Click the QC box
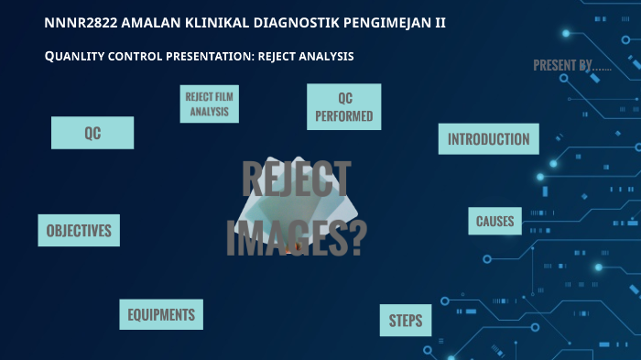click(92, 133)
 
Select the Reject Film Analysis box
click(210, 104)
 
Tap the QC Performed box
click(343, 107)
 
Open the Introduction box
click(488, 139)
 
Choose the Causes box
click(494, 221)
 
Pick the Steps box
click(406, 321)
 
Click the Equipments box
click(161, 315)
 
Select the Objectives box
click(79, 231)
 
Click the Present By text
click(572, 65)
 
